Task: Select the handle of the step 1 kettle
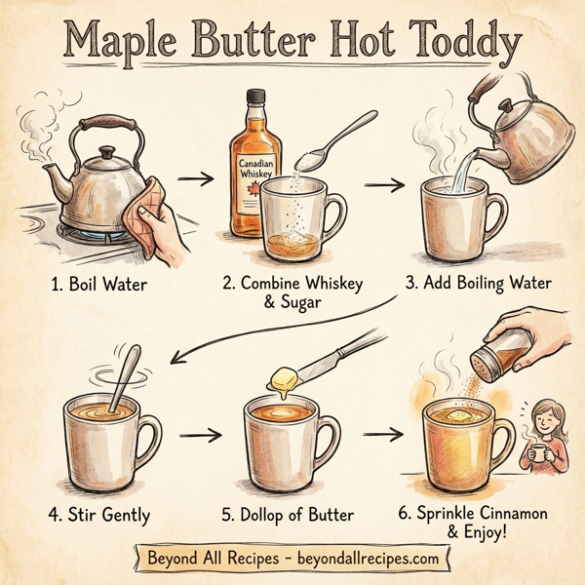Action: [x=101, y=123]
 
